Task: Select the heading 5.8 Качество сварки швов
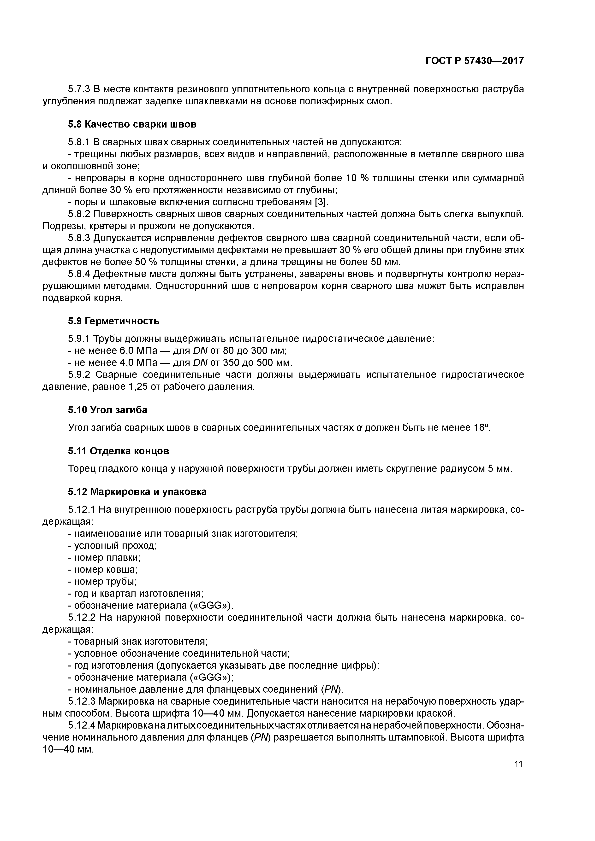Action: tap(132, 124)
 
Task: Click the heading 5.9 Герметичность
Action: tap(114, 321)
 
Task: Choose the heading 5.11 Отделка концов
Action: tap(119, 451)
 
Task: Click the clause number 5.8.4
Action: tap(79, 274)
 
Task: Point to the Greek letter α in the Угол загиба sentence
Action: tap(359, 428)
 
